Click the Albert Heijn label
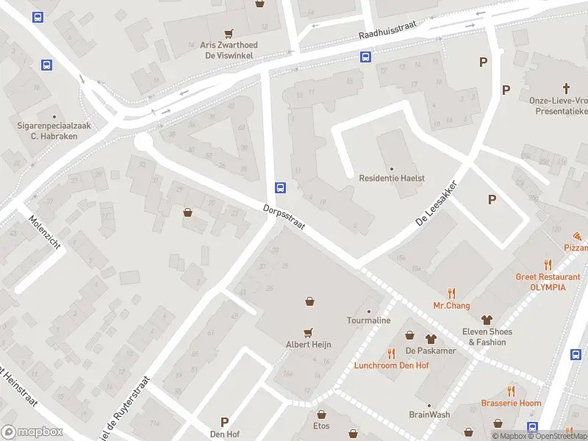(x=309, y=343)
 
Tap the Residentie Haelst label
(x=392, y=179)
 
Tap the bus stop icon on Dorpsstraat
(x=281, y=187)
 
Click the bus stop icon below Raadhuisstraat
(x=365, y=57)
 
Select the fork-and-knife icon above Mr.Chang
(x=451, y=293)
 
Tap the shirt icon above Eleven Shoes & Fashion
(x=486, y=319)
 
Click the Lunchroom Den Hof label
(x=391, y=365)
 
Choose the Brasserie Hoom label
(x=511, y=403)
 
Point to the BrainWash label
(x=429, y=415)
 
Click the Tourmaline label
(x=368, y=320)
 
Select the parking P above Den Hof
(x=224, y=421)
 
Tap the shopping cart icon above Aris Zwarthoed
(x=229, y=33)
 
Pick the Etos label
(x=321, y=426)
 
